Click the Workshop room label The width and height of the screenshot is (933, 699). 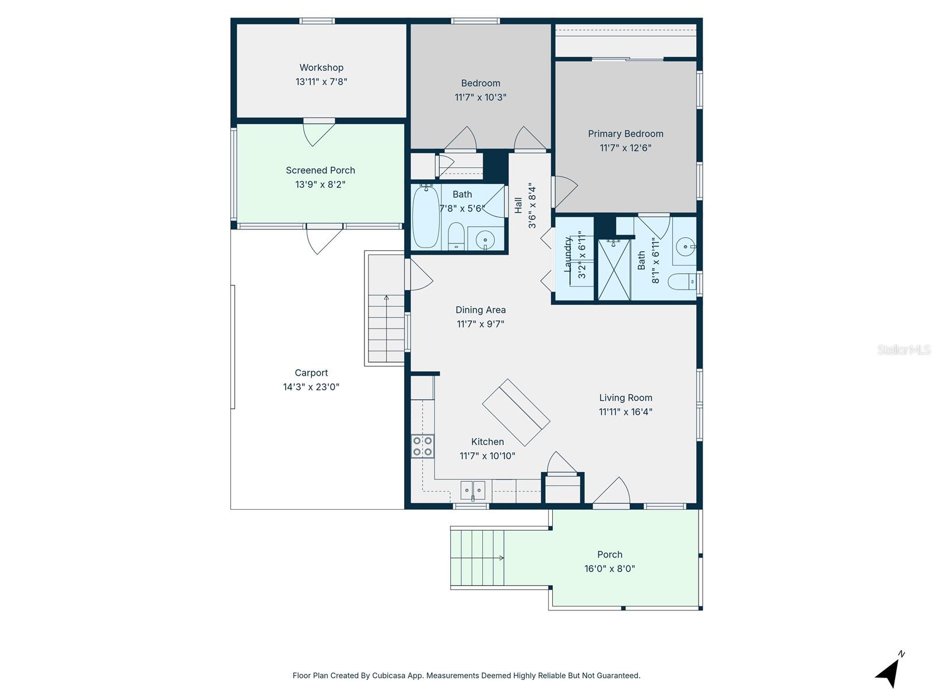click(x=321, y=68)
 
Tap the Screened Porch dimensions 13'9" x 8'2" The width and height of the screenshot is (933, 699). click(x=320, y=185)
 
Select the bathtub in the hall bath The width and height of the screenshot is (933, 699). click(x=426, y=217)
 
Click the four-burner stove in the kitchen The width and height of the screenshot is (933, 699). click(x=423, y=446)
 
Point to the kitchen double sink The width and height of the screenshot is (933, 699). click(x=473, y=490)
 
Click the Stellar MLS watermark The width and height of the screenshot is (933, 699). click(x=904, y=350)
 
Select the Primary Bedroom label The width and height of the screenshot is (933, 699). click(x=625, y=134)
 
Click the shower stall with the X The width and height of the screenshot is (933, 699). click(x=615, y=270)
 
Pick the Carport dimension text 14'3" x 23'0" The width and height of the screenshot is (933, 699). click(x=311, y=387)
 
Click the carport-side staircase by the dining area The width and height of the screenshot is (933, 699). click(x=386, y=329)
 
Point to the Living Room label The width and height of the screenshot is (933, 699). click(x=625, y=398)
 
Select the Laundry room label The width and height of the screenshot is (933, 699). click(x=567, y=255)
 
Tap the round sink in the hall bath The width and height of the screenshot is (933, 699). click(x=485, y=239)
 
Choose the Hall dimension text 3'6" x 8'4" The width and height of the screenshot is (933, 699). click(x=532, y=206)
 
